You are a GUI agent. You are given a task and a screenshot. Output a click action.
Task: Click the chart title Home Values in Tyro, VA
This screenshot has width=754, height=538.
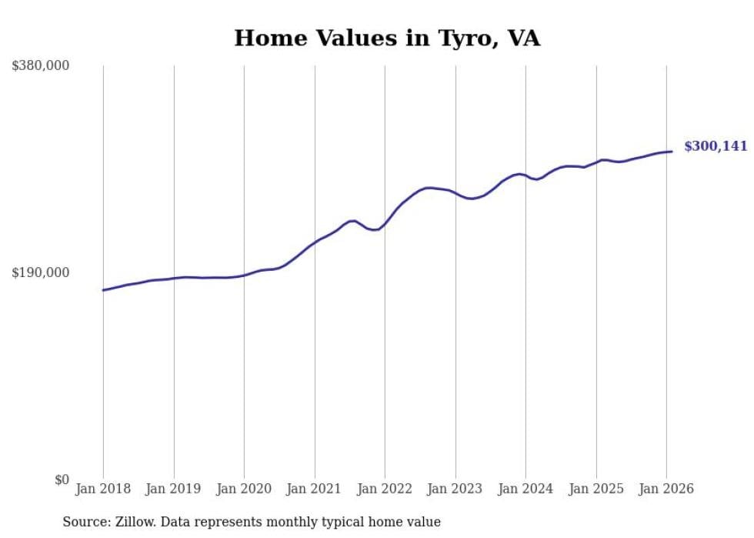(x=387, y=38)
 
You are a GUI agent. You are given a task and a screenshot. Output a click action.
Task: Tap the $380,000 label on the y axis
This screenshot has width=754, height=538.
(x=41, y=66)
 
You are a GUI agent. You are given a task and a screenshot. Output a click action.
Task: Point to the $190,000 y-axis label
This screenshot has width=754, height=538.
(x=41, y=272)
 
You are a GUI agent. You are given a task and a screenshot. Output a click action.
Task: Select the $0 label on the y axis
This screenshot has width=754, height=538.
(x=62, y=480)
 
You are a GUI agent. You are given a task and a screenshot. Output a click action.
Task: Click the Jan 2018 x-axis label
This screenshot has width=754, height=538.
(x=103, y=489)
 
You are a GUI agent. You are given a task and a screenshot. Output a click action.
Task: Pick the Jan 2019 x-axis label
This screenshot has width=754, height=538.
(x=174, y=489)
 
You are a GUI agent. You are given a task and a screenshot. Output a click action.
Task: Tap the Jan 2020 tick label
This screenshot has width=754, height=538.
(x=244, y=489)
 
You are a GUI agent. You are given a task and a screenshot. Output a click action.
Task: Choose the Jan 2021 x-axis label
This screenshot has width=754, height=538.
(x=315, y=489)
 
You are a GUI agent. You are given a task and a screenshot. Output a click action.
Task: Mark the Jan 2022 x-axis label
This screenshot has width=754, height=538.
(x=385, y=489)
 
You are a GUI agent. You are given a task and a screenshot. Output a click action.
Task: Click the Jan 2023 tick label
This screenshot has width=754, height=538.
(x=455, y=489)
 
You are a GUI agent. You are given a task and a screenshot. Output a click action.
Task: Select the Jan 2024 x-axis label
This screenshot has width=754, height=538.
(x=525, y=489)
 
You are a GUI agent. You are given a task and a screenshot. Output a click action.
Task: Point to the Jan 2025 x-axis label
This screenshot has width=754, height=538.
(x=596, y=489)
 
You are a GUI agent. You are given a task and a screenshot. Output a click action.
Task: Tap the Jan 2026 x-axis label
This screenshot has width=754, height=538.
(x=666, y=489)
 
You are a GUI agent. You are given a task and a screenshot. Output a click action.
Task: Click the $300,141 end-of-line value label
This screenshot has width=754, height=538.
(x=716, y=146)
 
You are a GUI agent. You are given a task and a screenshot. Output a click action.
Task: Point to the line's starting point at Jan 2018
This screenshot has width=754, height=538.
(x=103, y=290)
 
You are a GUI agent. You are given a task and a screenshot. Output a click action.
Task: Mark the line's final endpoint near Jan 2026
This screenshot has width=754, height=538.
(x=672, y=151)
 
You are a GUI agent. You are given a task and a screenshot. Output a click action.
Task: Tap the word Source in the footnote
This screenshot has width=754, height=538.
(x=85, y=522)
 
